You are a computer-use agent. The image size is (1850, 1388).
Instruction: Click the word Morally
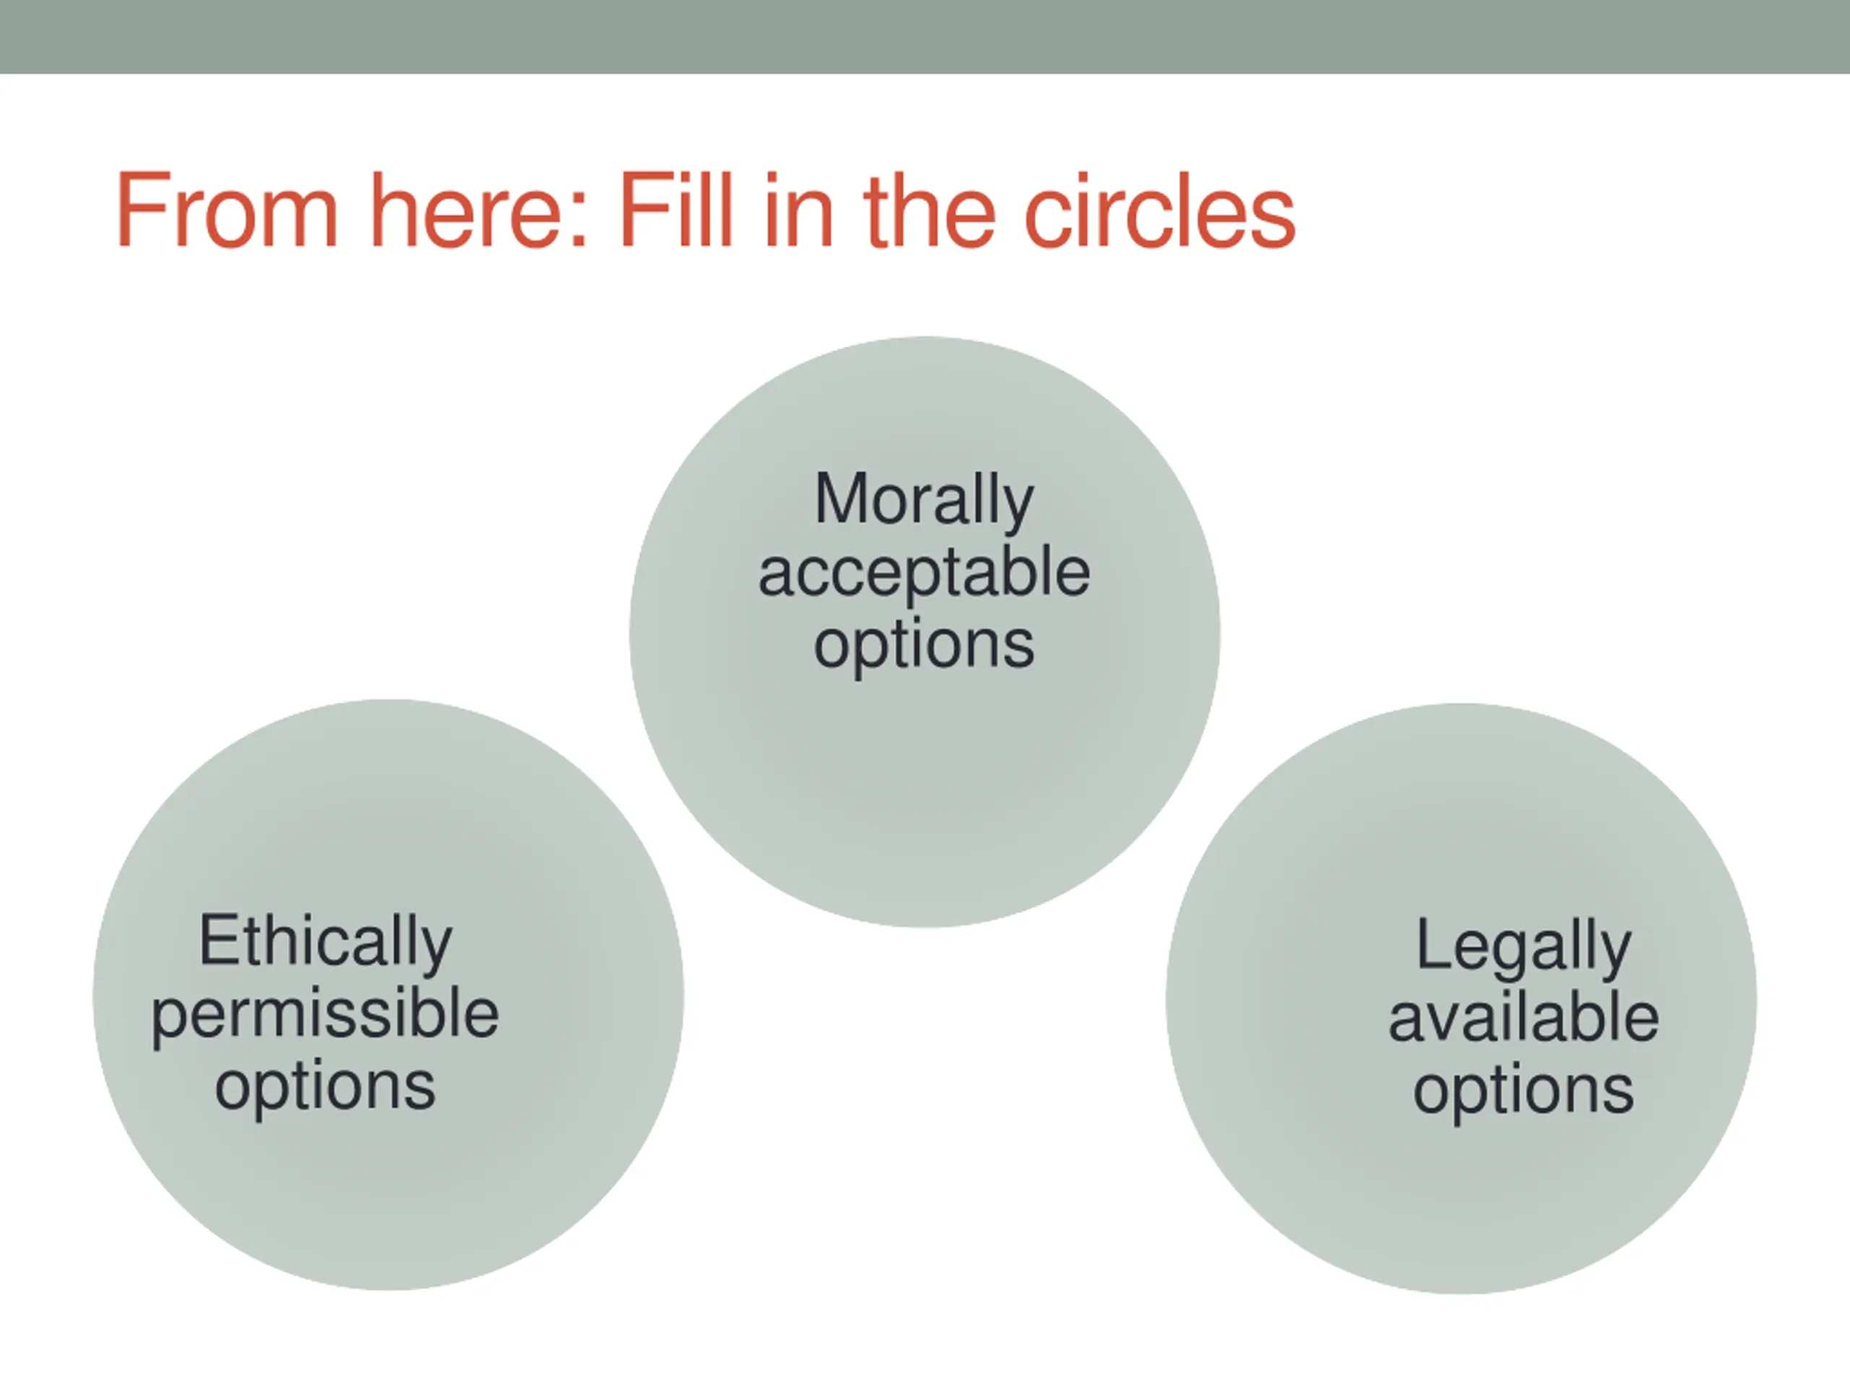point(924,500)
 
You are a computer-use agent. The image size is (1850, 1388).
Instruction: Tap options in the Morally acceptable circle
point(924,646)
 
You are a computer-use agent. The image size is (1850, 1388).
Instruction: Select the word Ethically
point(325,941)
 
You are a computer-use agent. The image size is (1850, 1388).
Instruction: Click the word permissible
point(325,1014)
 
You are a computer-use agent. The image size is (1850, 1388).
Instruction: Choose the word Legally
point(1524,946)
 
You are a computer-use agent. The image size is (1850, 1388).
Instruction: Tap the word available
point(1524,1018)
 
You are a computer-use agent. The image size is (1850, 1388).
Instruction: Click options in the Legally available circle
point(1524,1091)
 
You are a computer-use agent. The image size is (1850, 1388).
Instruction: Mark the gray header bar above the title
point(925,37)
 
